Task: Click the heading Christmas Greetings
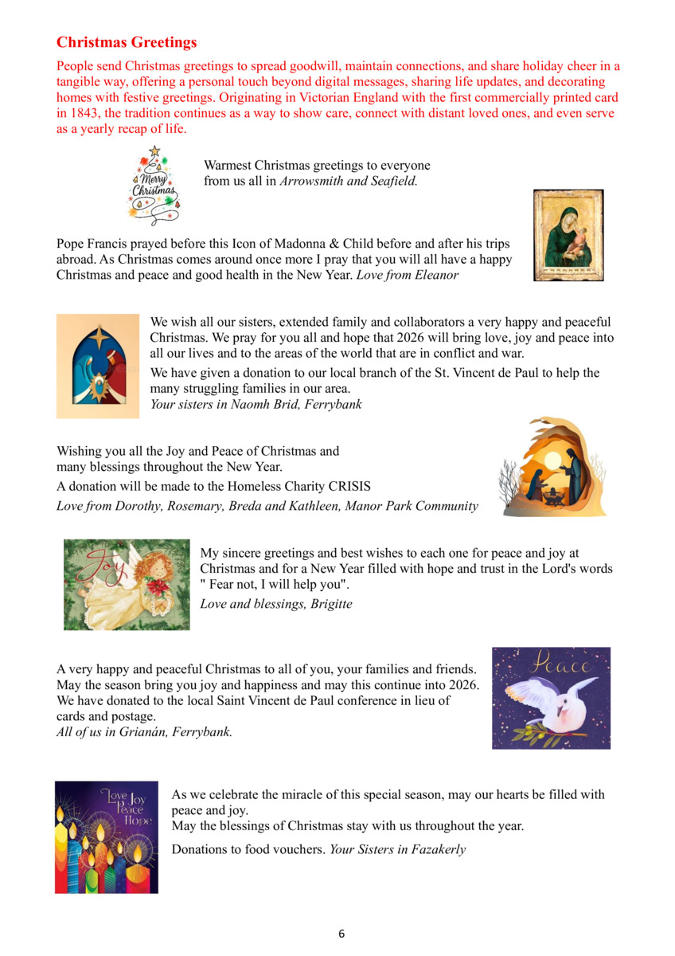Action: [x=127, y=42]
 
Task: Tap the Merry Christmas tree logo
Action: [x=154, y=185]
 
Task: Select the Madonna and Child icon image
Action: [x=568, y=235]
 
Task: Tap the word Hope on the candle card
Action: [x=136, y=821]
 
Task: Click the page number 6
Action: [x=341, y=934]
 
